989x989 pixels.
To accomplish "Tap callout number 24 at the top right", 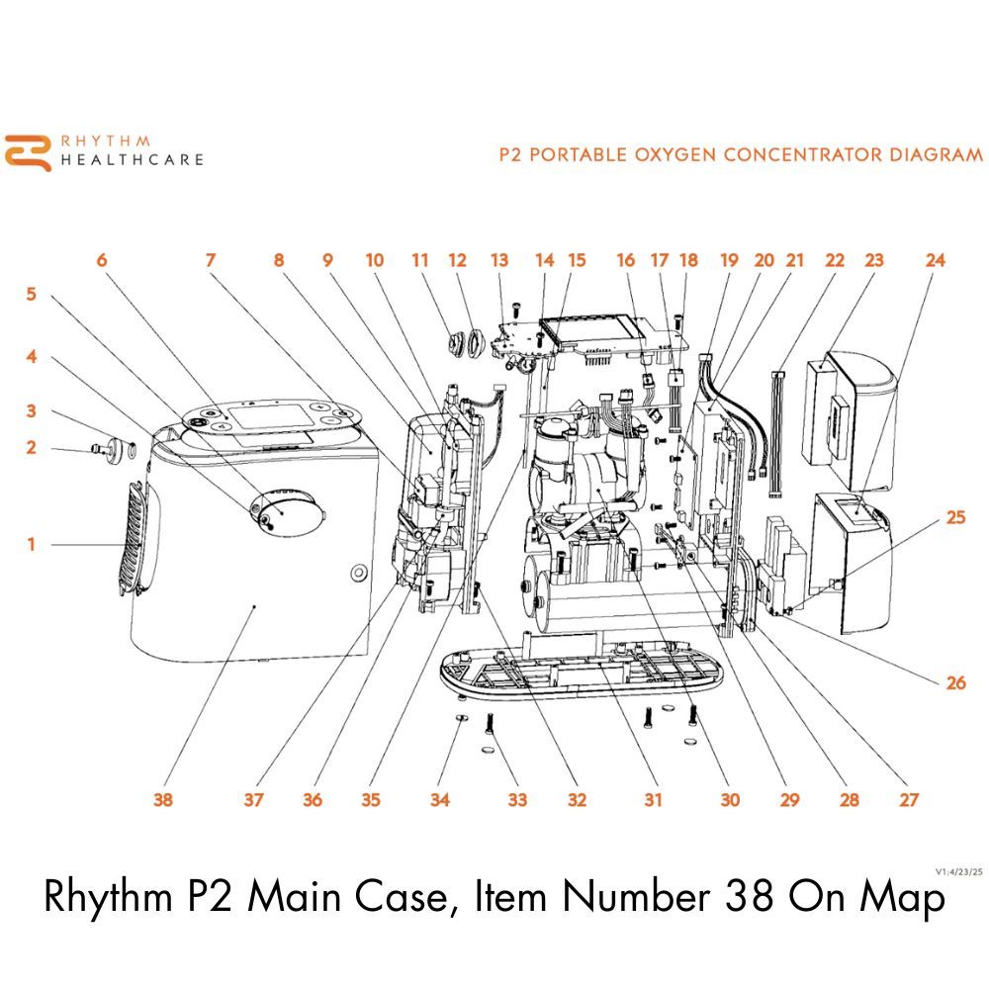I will (x=935, y=260).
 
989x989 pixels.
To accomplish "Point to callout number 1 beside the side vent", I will (x=31, y=544).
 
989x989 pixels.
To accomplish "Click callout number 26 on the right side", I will (x=955, y=682).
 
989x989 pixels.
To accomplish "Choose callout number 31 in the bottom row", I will (x=653, y=800).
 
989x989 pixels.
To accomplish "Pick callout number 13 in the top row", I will (x=499, y=260).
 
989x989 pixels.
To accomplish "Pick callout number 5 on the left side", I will (x=31, y=295).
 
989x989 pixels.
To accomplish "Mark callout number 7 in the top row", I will (x=210, y=260).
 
